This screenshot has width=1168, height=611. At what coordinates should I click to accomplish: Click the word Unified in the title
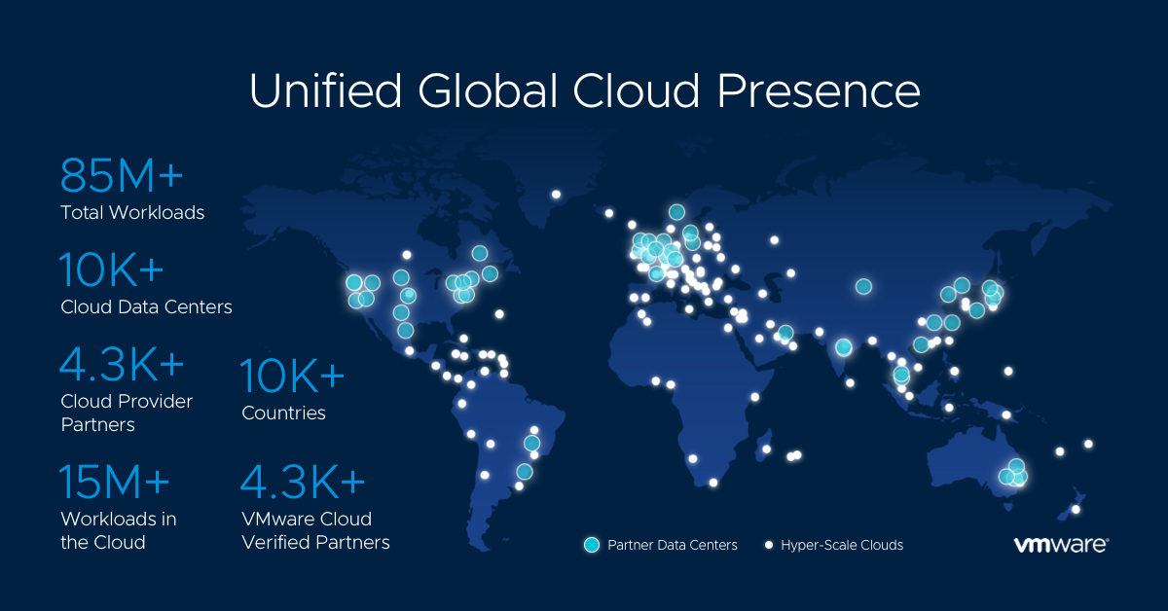tap(326, 90)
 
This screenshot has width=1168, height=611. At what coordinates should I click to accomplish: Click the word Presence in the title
tap(819, 90)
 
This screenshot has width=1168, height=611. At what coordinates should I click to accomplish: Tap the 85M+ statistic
tap(122, 175)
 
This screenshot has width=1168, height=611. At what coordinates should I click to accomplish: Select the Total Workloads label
tap(132, 213)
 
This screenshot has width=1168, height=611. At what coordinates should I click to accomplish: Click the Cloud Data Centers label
tap(146, 307)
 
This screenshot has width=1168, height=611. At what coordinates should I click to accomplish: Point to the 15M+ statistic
tap(114, 482)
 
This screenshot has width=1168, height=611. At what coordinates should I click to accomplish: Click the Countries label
tap(283, 413)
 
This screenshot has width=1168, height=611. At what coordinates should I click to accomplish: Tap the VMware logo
tap(1061, 544)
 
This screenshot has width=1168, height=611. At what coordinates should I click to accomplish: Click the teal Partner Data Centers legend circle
tap(592, 545)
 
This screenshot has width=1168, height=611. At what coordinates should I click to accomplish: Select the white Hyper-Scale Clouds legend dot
tap(768, 545)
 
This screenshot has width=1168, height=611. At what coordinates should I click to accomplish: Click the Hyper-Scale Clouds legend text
tap(842, 545)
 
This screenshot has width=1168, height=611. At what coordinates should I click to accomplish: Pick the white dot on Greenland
tap(556, 195)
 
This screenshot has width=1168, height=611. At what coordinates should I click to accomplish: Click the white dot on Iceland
tap(608, 213)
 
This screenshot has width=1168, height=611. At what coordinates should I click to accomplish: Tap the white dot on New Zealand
tap(1076, 510)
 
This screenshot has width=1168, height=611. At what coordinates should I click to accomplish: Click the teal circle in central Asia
tap(863, 286)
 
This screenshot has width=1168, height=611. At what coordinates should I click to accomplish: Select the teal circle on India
tap(843, 346)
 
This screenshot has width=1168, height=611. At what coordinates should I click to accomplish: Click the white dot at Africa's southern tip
tap(712, 483)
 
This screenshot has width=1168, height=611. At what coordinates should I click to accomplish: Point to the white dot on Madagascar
tap(766, 449)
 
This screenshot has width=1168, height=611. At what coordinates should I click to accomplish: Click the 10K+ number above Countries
tap(292, 376)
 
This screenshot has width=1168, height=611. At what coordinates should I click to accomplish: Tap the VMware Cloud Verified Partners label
tap(315, 530)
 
